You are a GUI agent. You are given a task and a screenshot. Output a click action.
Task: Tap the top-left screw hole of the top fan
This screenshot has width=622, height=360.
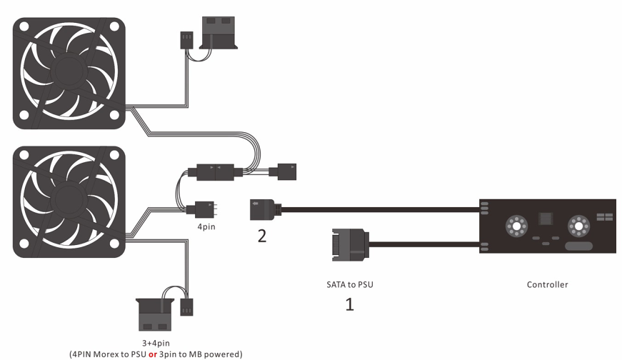click(24, 26)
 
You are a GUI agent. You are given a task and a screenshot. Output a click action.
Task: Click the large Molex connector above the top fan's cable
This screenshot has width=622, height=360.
click(221, 35)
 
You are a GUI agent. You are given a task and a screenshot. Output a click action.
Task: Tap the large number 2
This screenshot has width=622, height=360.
click(263, 236)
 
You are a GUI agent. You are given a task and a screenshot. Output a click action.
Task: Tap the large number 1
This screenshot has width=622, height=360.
click(350, 306)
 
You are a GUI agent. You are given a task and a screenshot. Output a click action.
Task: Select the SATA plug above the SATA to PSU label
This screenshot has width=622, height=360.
click(350, 245)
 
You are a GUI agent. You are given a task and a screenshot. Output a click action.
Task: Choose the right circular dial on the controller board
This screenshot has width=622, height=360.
click(577, 227)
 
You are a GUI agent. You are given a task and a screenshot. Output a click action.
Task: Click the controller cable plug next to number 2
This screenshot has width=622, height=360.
click(263, 209)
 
